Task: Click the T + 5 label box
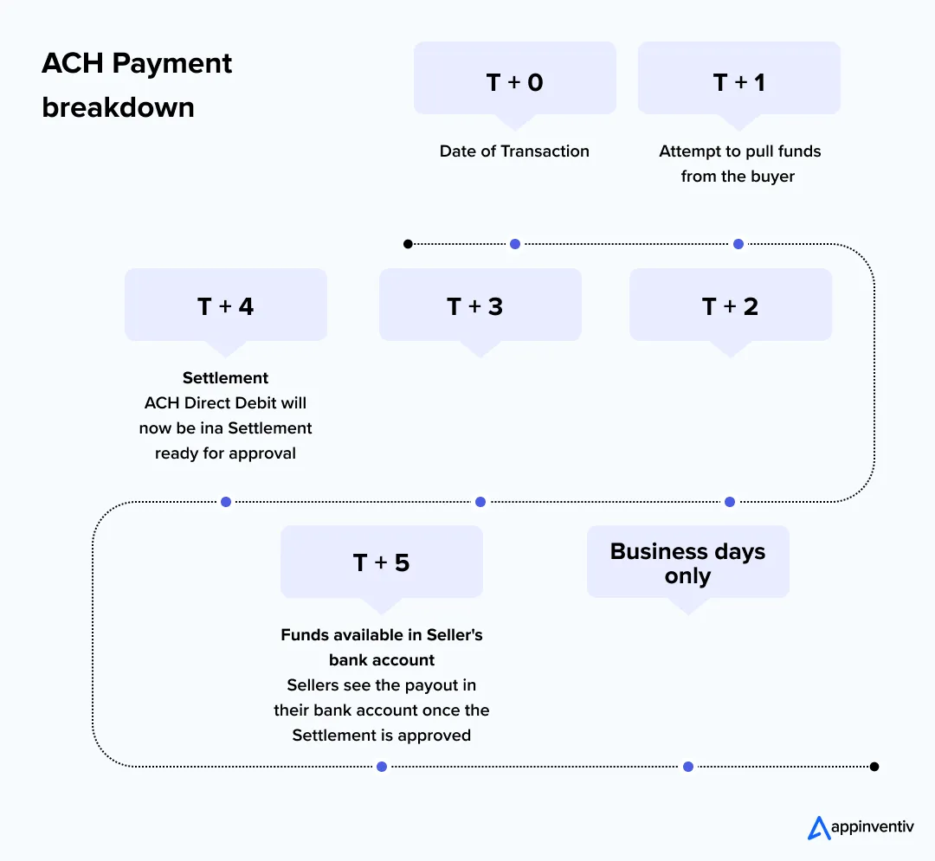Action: [x=381, y=562]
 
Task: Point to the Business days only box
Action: [x=687, y=562]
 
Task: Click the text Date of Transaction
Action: [x=514, y=151]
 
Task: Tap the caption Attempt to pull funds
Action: [x=739, y=151]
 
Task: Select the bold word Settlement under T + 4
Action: [x=225, y=378]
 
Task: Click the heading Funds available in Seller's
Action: [x=381, y=635]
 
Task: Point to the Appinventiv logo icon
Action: [x=818, y=827]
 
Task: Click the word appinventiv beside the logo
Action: [x=872, y=828]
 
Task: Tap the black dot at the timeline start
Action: [x=408, y=244]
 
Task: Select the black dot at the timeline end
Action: [x=874, y=767]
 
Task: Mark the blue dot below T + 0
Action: [x=514, y=244]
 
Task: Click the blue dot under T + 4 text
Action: [x=226, y=502]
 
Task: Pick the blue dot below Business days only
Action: [x=687, y=767]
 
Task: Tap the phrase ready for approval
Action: [x=225, y=453]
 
